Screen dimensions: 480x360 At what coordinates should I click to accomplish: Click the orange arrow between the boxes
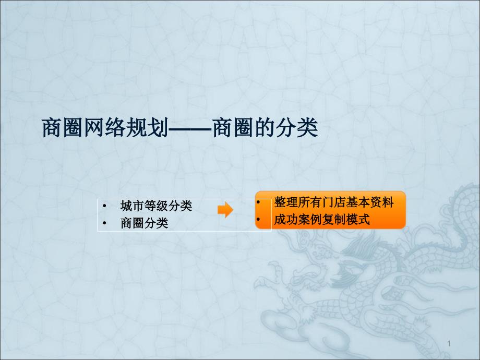[225, 210]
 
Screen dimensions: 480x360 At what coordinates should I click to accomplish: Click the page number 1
[449, 343]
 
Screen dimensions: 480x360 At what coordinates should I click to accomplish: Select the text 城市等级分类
[156, 206]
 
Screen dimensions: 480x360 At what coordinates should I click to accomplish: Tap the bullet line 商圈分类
[144, 223]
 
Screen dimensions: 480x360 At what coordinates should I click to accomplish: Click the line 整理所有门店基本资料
[334, 202]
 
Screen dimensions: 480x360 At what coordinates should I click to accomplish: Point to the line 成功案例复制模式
[322, 220]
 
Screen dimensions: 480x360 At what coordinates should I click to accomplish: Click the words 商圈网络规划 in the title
[105, 128]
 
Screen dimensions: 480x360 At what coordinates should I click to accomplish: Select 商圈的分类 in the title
[265, 128]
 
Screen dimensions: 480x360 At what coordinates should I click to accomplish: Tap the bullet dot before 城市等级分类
[105, 206]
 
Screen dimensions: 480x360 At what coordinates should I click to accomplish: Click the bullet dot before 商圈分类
[105, 223]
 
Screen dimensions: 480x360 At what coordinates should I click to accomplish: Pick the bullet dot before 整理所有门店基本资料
[258, 202]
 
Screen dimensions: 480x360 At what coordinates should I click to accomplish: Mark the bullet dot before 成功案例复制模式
[258, 220]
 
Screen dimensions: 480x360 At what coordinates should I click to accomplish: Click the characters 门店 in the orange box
[334, 202]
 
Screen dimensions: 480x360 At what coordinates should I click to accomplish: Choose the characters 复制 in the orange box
[334, 220]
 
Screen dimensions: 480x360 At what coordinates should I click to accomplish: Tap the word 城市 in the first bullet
[132, 206]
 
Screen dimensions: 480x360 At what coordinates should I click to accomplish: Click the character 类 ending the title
[307, 128]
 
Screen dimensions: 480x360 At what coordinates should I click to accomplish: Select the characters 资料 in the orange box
[382, 202]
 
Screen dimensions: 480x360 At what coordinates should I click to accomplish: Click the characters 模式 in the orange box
[358, 220]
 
